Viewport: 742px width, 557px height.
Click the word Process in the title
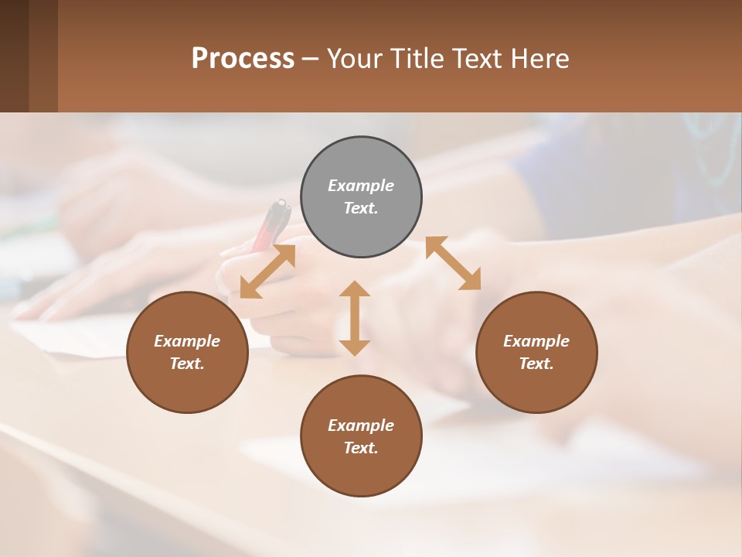(x=243, y=59)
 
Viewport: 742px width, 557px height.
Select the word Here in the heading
(x=539, y=59)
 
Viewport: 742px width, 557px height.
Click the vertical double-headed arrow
(x=355, y=318)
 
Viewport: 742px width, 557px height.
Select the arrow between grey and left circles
(x=267, y=272)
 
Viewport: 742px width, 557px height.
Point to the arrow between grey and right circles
(x=453, y=263)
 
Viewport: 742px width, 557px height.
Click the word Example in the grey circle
(x=361, y=186)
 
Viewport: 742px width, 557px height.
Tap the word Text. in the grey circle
(x=361, y=208)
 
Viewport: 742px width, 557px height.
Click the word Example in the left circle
(x=187, y=341)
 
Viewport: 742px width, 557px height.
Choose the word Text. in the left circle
(x=187, y=364)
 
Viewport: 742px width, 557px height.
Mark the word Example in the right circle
(x=536, y=341)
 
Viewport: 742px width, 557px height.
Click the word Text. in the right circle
(x=536, y=364)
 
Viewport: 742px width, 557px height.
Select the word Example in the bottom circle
(x=361, y=425)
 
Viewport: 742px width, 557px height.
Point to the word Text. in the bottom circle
(x=361, y=448)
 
